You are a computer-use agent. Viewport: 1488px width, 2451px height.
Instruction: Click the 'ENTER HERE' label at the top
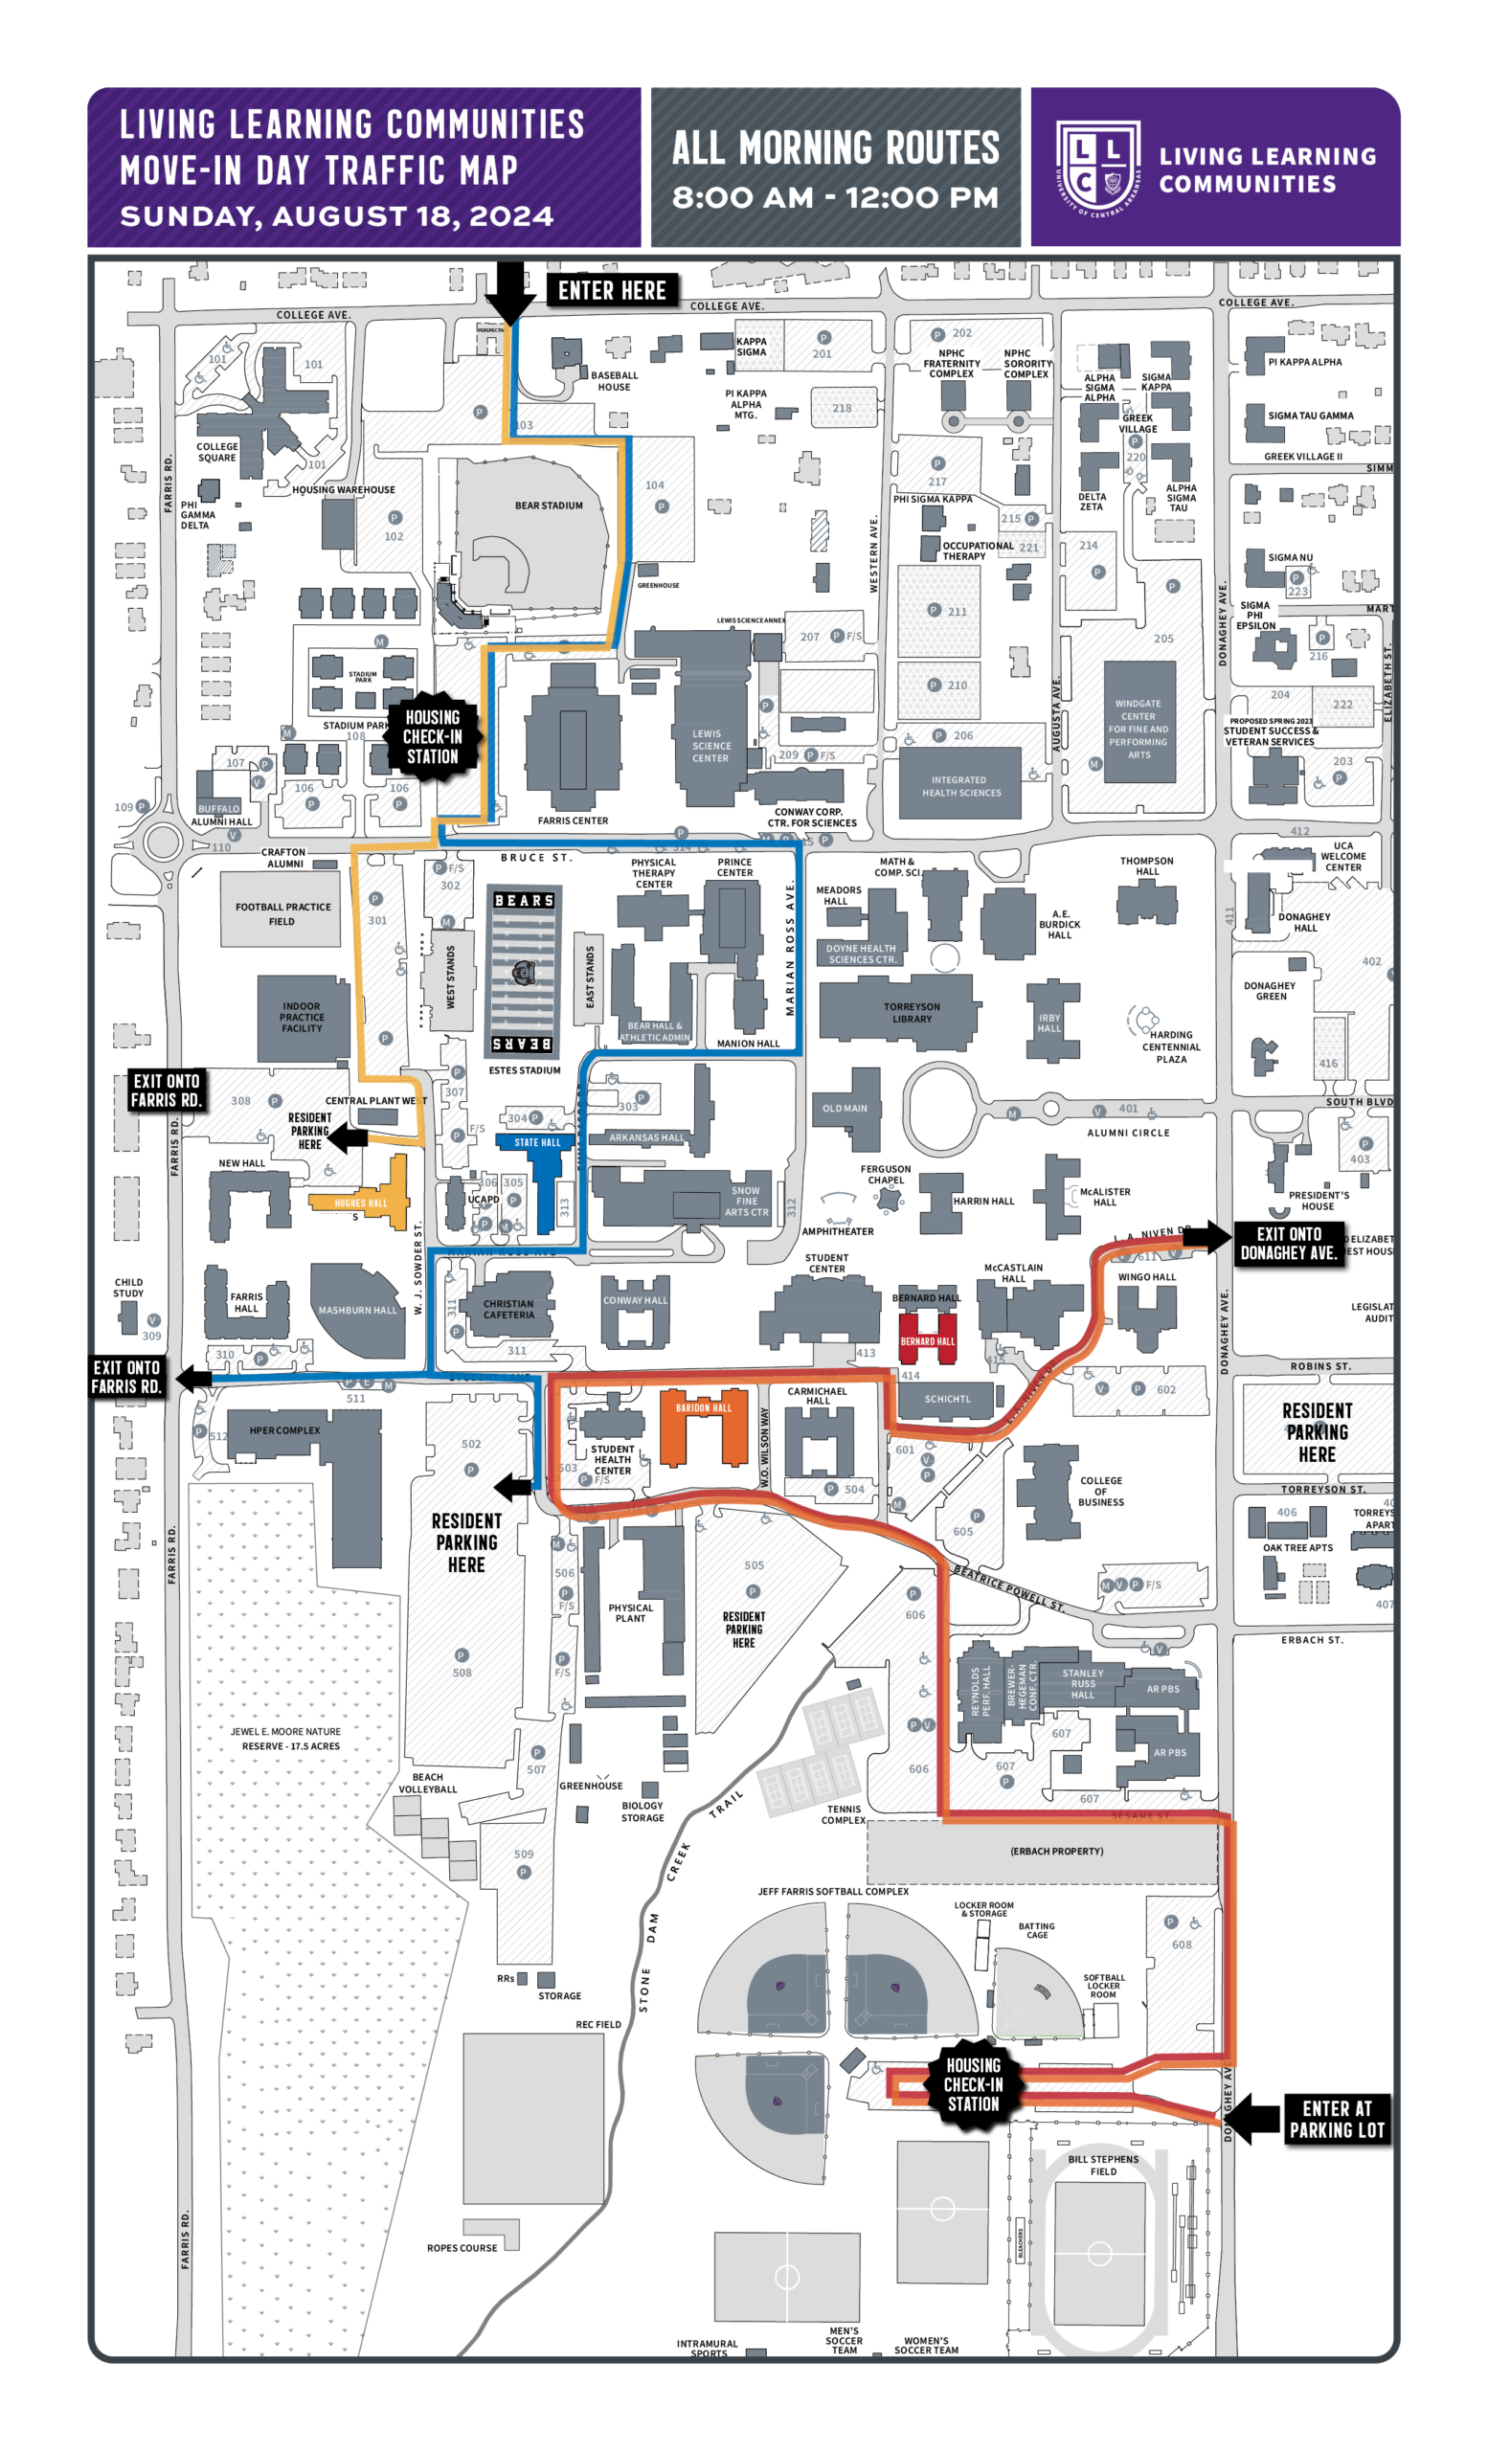[x=612, y=290]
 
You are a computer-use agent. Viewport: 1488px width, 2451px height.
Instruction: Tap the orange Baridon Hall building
[x=703, y=1429]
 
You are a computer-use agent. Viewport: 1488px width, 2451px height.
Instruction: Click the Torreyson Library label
[x=912, y=1013]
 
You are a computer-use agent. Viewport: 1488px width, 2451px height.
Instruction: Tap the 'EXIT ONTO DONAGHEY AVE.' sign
[x=1288, y=1244]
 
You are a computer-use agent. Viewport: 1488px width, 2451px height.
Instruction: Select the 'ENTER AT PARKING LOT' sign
[x=1336, y=2118]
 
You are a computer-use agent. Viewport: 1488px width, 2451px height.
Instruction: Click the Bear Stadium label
[x=548, y=506]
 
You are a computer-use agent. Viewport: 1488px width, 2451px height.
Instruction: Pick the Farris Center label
[x=573, y=821]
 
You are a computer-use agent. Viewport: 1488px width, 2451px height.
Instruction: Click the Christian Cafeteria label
[x=508, y=1309]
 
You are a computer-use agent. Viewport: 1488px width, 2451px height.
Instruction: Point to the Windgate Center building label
[x=1138, y=730]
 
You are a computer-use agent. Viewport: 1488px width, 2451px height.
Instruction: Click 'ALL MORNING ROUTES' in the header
[x=836, y=149]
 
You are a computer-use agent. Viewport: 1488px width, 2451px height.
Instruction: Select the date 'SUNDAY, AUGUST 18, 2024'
[x=336, y=215]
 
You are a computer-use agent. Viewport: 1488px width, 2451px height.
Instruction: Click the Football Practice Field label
[x=282, y=914]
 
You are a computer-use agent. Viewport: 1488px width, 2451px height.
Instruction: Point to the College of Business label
[x=1100, y=1491]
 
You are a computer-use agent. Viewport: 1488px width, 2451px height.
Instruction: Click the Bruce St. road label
[x=536, y=858]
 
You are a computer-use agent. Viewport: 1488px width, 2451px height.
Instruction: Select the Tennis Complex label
[x=843, y=1814]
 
